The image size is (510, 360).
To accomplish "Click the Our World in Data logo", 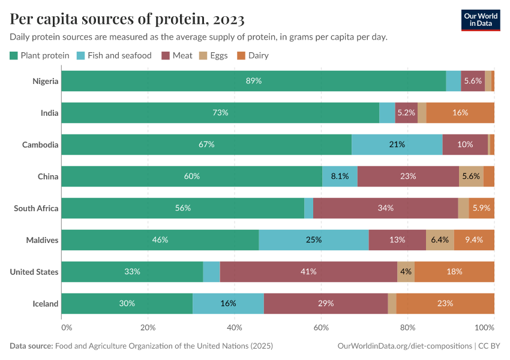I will (x=480, y=20).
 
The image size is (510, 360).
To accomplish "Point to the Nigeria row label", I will (x=45, y=81).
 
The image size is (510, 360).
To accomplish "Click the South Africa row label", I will (x=36, y=208).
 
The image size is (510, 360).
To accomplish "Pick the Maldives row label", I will (x=42, y=240).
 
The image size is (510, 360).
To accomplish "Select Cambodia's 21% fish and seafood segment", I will (x=397, y=145).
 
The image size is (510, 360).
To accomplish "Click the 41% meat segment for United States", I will (x=308, y=272).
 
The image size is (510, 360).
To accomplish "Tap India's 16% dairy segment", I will (x=460, y=113).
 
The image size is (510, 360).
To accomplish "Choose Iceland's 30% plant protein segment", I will (x=127, y=304).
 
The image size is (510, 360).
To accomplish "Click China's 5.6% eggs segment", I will (x=471, y=176).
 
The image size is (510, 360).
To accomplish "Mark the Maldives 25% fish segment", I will (x=313, y=240).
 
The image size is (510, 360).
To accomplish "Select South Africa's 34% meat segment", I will (x=385, y=208).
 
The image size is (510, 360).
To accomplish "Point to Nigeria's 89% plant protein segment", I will (x=253, y=81).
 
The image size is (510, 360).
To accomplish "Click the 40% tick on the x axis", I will (x=235, y=328).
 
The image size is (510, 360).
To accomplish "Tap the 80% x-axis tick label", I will (x=408, y=328).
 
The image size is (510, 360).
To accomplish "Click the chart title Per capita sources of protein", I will (x=127, y=19).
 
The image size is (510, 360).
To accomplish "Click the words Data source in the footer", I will (x=31, y=346).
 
